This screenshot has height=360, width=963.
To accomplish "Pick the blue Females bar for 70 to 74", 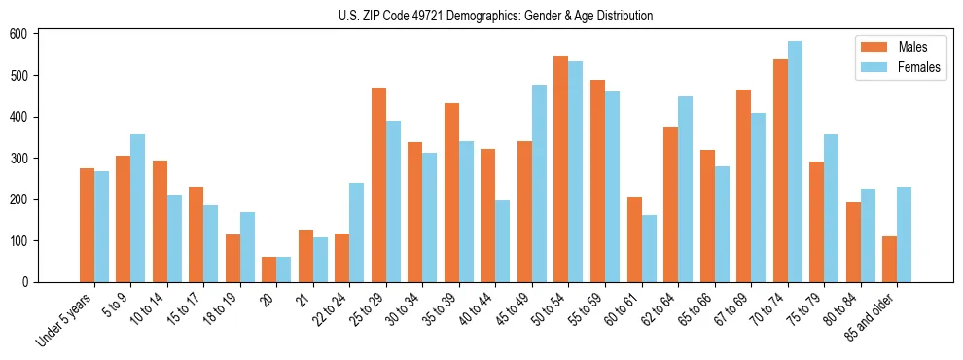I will point(795,162).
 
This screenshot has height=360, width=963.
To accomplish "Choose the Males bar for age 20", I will point(269,270).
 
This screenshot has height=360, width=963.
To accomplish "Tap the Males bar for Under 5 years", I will point(87,225).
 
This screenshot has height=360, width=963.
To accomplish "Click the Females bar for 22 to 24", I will point(357,233).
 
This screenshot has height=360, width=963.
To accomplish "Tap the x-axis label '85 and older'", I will point(870,317).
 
